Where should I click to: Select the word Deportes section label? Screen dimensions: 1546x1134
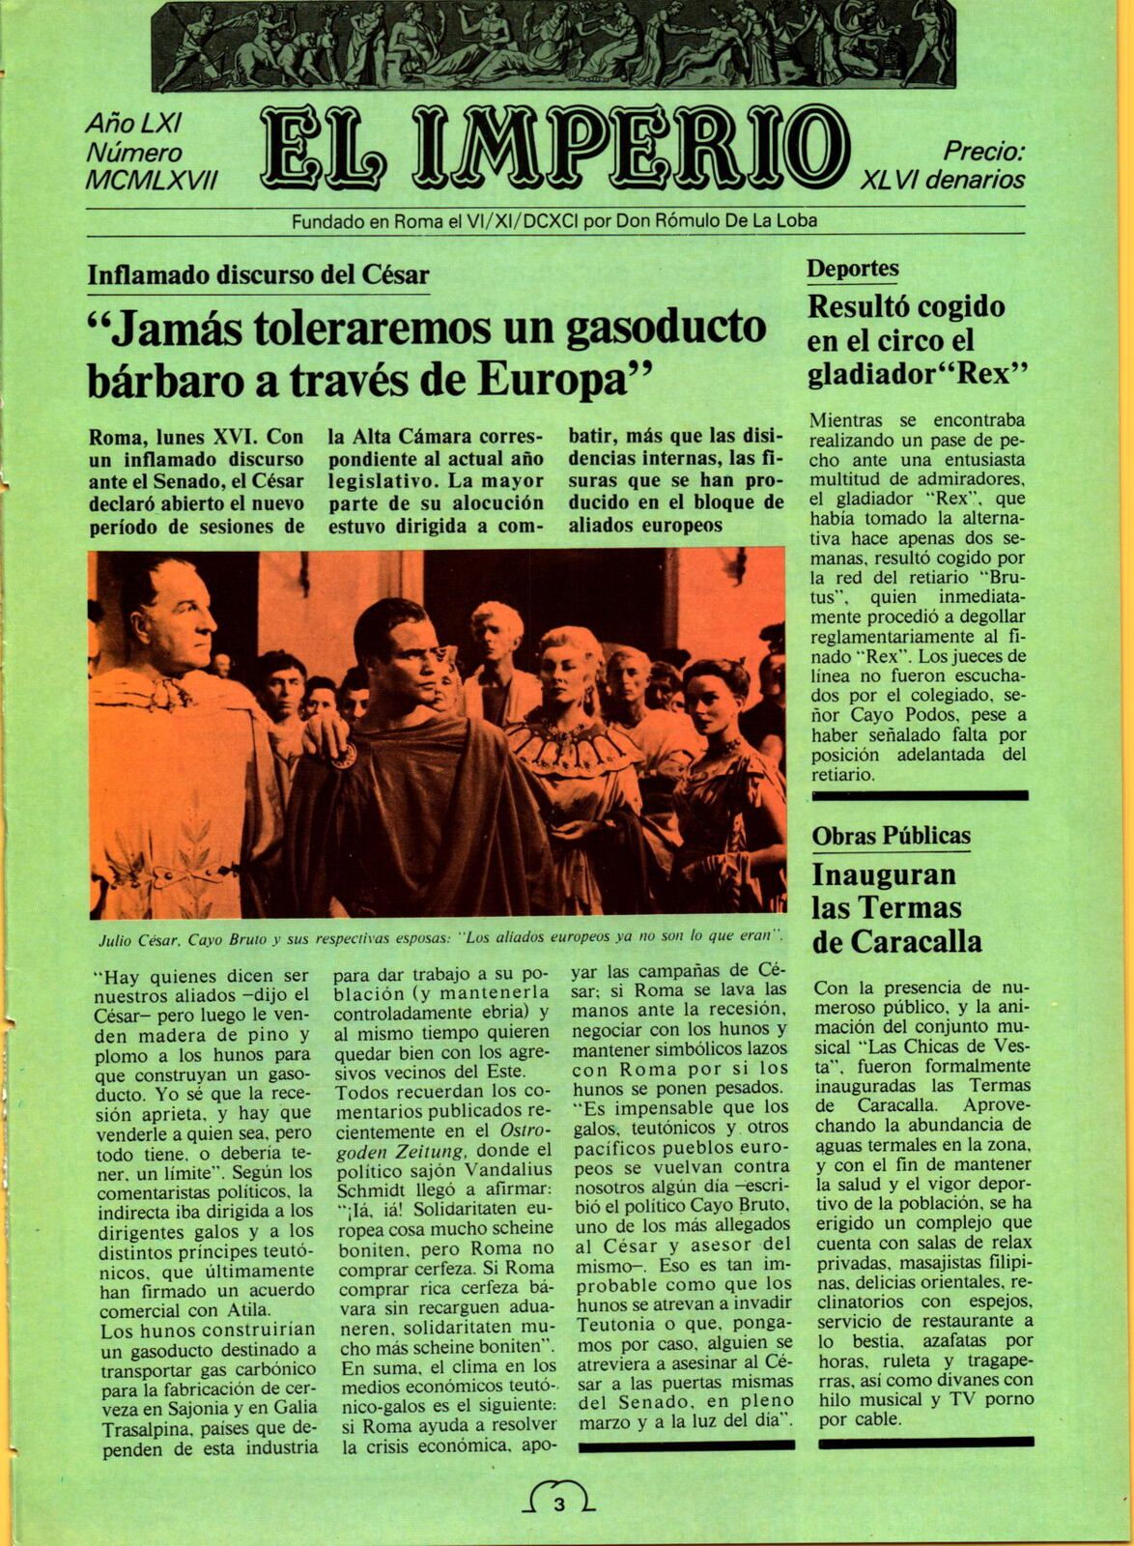(x=853, y=269)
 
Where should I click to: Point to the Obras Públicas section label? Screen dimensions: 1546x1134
(x=891, y=835)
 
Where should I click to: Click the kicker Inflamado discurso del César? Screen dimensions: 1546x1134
(x=258, y=274)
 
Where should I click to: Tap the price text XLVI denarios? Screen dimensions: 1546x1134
(x=943, y=179)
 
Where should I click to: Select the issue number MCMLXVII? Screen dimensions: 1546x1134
(x=152, y=179)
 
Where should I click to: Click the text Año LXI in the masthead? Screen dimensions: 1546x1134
(x=134, y=123)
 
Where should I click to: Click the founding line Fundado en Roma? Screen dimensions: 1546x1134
(x=554, y=221)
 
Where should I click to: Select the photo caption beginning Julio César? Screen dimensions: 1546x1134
(x=439, y=936)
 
